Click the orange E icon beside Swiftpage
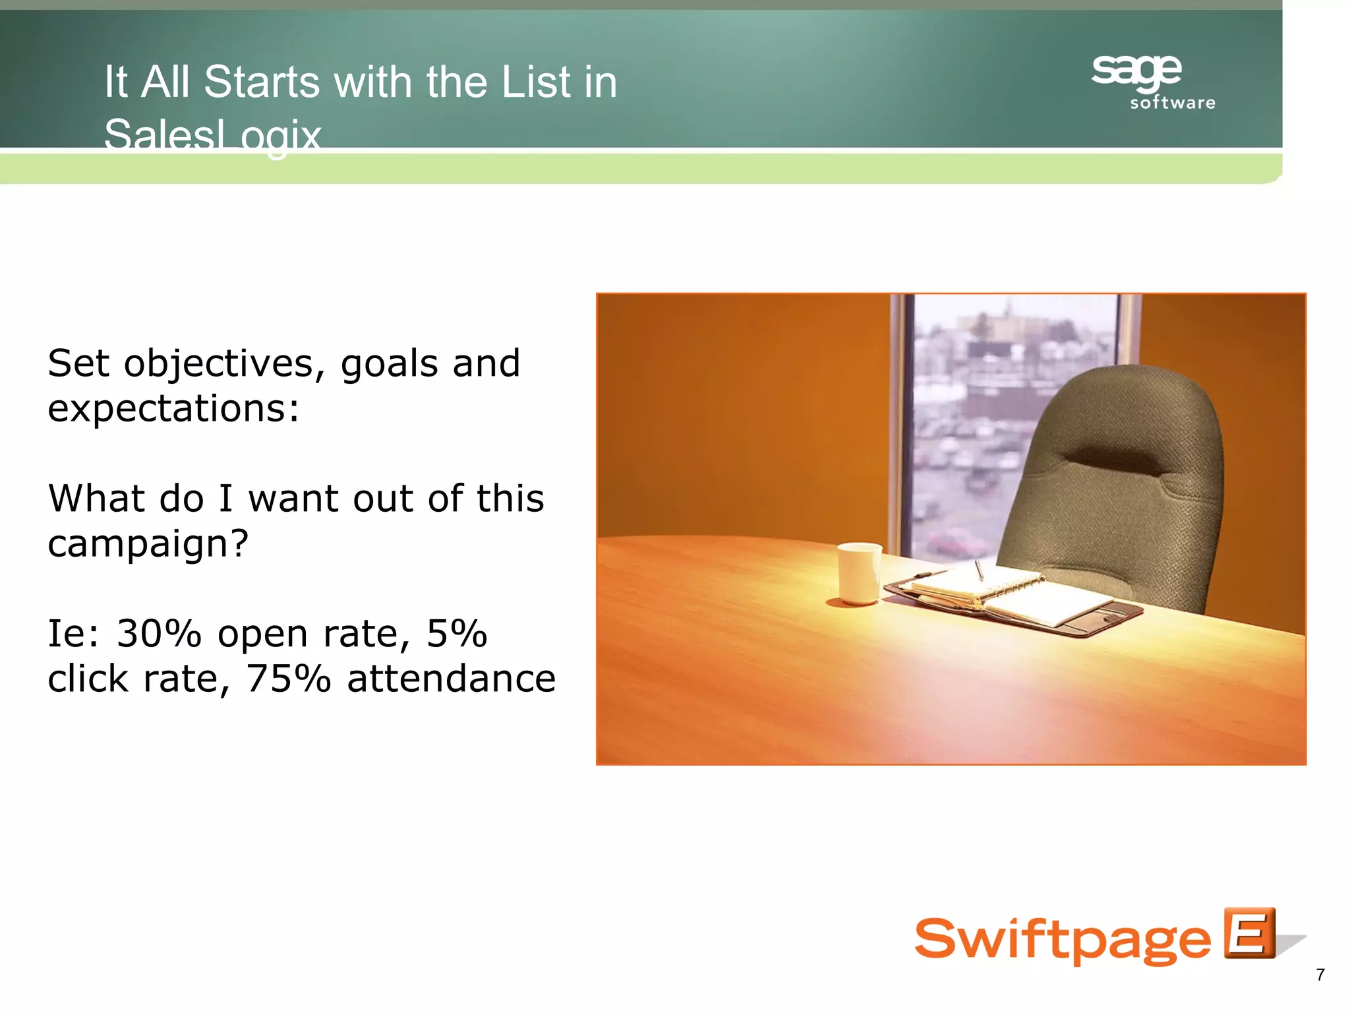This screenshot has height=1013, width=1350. [1249, 933]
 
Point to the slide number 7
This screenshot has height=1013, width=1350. [1320, 975]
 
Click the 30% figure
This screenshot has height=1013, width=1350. [158, 634]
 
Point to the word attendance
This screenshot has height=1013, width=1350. [452, 679]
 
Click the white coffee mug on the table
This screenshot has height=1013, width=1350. [859, 572]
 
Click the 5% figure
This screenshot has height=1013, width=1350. [456, 634]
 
